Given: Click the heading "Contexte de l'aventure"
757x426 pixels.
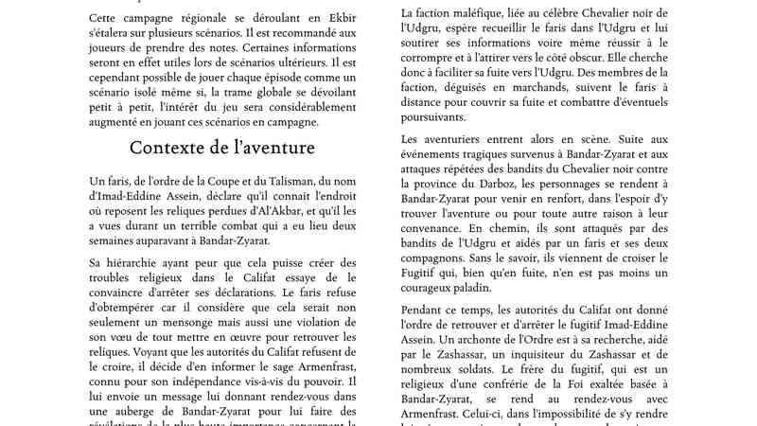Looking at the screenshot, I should (222, 149).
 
